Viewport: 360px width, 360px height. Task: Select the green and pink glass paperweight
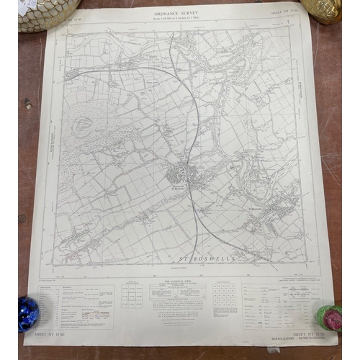click(x=328, y=317)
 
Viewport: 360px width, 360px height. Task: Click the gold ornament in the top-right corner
click(x=322, y=9)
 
